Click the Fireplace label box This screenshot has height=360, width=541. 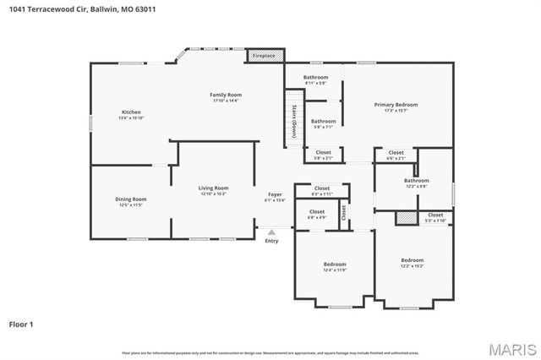(265, 56)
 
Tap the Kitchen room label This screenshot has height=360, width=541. (131, 114)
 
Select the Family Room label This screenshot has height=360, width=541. (226, 96)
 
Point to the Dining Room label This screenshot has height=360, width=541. (131, 201)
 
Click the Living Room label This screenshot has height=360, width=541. (214, 190)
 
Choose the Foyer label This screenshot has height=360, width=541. (275, 197)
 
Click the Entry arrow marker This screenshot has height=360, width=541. (271, 231)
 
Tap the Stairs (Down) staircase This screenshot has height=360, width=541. (293, 123)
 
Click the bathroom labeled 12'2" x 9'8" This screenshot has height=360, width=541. (416, 183)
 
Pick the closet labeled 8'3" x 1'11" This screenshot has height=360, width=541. (322, 190)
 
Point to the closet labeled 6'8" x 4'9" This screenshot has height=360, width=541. (317, 214)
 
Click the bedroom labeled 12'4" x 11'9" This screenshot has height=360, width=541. (335, 266)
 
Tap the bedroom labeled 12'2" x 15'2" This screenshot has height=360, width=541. (413, 262)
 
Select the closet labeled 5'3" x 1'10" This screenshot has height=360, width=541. (435, 217)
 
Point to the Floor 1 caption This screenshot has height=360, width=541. (21, 324)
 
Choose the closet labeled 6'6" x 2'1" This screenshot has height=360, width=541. (396, 155)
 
